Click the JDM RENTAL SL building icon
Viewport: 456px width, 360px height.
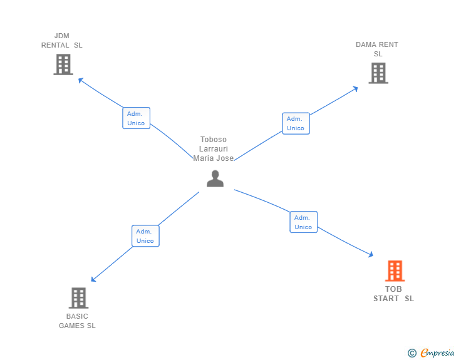[63, 64]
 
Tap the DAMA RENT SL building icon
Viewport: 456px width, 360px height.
[378, 73]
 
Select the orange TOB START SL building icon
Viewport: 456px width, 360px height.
[395, 271]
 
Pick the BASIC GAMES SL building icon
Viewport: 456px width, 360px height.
[78, 298]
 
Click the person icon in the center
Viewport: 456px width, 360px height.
[215, 179]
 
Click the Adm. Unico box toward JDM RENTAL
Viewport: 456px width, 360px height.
[136, 118]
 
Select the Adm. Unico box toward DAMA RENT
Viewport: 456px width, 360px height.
[296, 123]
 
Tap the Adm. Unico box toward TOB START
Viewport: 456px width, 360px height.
[303, 222]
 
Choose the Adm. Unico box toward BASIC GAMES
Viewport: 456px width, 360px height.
[145, 236]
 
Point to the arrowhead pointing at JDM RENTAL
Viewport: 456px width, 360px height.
[80, 80]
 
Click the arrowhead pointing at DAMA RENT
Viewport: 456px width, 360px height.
[355, 88]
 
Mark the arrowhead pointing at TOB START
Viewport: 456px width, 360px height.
[370, 254]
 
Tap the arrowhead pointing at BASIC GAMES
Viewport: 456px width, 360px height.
[93, 279]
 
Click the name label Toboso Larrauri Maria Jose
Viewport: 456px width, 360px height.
[214, 149]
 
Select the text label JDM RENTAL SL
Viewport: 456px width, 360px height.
[62, 41]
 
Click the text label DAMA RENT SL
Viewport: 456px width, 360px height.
[377, 49]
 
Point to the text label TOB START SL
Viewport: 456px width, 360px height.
[394, 294]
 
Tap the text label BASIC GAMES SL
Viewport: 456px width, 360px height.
[78, 321]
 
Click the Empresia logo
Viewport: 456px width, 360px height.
[437, 353]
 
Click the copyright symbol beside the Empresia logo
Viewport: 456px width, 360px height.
[412, 354]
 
